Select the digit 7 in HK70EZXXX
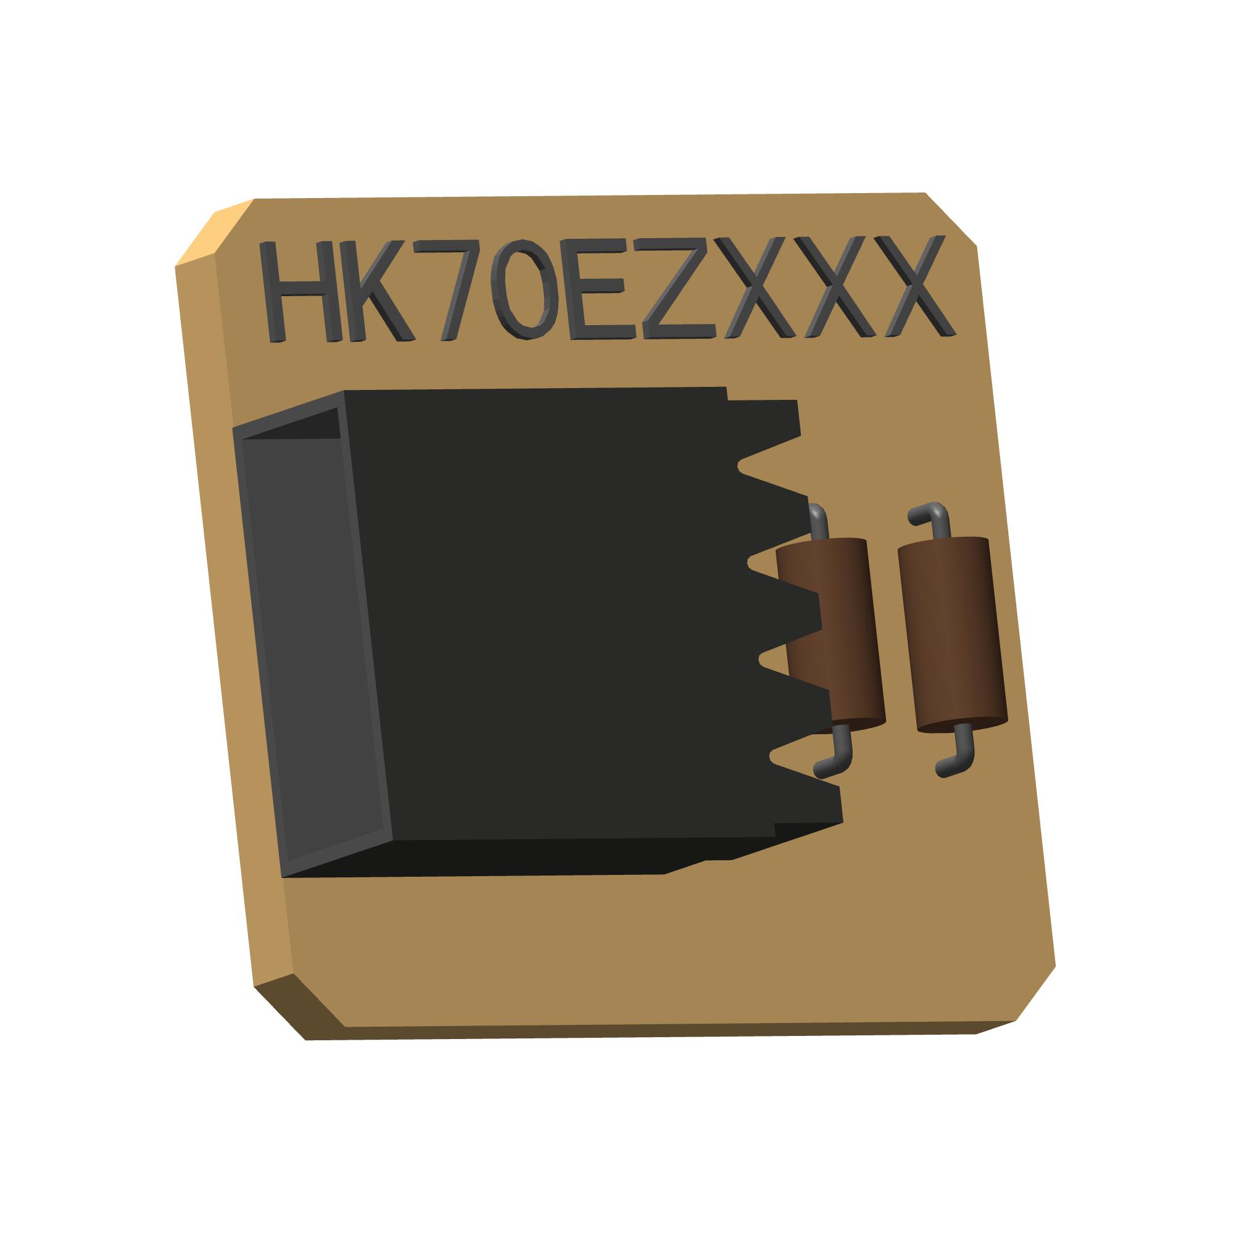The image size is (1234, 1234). tap(451, 288)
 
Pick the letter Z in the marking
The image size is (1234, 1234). tap(677, 288)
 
